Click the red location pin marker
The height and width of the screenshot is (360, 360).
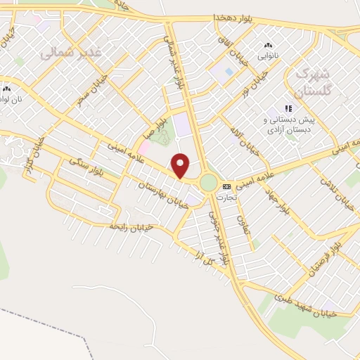point(181,165)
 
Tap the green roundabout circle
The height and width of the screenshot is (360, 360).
point(208,183)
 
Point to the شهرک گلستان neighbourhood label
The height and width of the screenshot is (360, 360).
point(312,81)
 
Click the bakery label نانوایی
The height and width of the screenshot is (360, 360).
point(267,53)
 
